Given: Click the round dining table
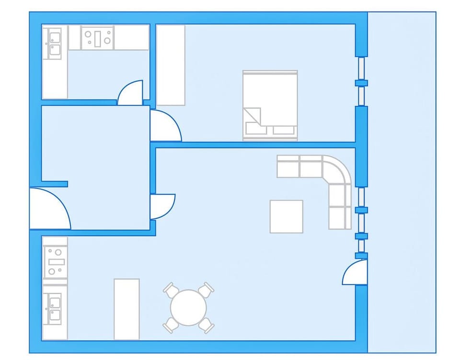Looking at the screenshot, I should click(188, 308).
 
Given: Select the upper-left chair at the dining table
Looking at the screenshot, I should click(170, 290).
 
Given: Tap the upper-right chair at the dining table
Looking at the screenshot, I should click(207, 289).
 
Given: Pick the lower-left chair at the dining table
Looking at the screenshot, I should click(170, 326).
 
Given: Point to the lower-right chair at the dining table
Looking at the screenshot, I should click(207, 326).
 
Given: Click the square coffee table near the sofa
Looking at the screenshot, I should click(286, 216).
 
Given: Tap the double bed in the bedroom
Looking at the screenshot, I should click(270, 105).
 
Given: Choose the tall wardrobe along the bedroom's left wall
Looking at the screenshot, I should click(171, 65).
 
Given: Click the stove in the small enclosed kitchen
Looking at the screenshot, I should click(97, 37).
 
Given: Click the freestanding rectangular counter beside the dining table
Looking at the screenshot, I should click(126, 309).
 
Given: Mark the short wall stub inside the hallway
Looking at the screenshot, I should click(55, 184).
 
